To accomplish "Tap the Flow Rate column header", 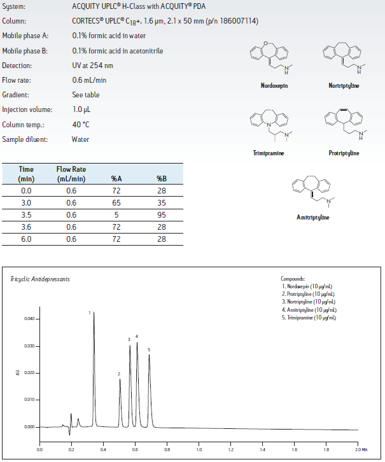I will pos(71,174).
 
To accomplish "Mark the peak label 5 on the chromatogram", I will pos(149,349).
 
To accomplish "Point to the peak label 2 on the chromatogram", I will pos(119,374).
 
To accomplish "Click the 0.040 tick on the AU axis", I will pos(27,319).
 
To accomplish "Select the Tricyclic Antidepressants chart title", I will pos(40,279).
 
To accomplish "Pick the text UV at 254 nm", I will pos(93,66).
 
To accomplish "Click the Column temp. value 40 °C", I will pos(81,124).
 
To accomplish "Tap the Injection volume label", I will pos(24,109).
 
